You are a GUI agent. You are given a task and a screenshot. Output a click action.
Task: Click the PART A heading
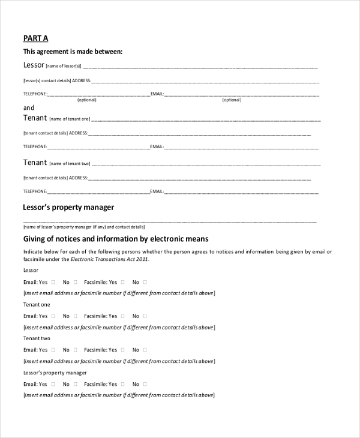(x=35, y=38)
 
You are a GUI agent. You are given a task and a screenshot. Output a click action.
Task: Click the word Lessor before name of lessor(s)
(x=34, y=65)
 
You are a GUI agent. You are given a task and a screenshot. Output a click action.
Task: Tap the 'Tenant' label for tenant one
(x=35, y=118)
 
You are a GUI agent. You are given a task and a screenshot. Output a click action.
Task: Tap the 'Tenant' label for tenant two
(x=35, y=163)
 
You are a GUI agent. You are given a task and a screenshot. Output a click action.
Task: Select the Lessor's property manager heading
(x=68, y=208)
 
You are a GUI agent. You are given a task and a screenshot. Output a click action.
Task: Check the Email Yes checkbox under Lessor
(x=53, y=282)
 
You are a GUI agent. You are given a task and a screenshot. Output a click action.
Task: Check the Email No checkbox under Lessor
(x=76, y=282)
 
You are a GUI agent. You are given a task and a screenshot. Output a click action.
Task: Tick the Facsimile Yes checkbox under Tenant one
(x=123, y=316)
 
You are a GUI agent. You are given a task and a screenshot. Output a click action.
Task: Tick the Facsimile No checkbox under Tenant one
(x=145, y=316)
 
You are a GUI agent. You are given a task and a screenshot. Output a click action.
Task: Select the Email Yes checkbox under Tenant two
(x=53, y=350)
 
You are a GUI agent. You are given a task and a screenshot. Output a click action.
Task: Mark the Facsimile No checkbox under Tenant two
(x=145, y=350)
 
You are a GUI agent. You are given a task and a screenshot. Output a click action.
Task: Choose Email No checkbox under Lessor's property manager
(x=76, y=384)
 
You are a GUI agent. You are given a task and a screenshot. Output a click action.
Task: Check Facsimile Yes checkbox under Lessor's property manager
(x=123, y=384)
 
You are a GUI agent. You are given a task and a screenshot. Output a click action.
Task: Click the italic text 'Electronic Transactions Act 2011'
(x=109, y=260)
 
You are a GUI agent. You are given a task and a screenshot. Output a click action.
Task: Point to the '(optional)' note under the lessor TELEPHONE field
(x=87, y=100)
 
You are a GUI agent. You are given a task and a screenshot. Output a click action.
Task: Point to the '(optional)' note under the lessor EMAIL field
(x=232, y=100)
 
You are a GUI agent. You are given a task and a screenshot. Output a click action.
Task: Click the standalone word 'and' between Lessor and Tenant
(x=28, y=108)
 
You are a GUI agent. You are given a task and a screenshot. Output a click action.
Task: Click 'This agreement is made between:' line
(x=73, y=52)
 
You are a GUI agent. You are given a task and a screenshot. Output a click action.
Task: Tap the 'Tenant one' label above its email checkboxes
(x=37, y=305)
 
